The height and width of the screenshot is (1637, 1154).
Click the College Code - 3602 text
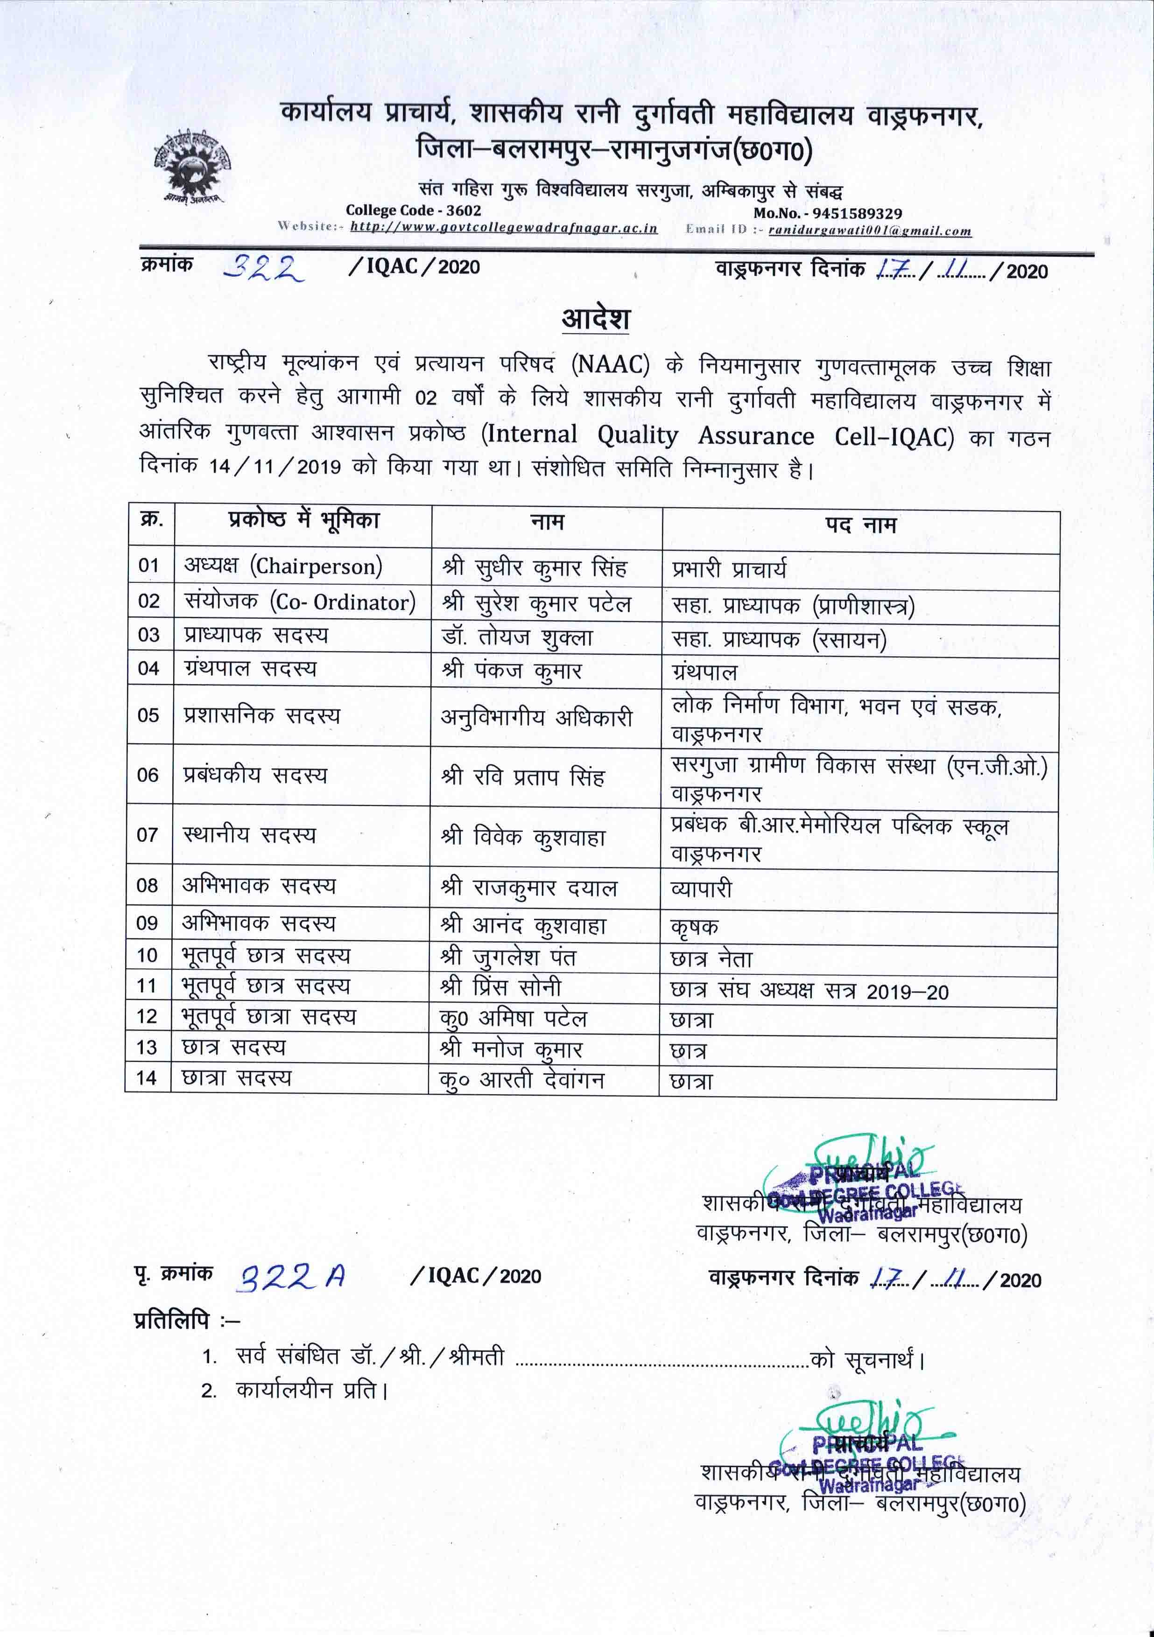(413, 210)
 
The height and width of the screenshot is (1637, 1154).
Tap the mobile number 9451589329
(827, 213)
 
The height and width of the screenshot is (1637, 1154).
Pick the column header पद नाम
(860, 525)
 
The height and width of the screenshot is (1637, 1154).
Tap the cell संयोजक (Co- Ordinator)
(300, 602)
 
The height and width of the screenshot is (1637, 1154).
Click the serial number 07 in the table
(148, 834)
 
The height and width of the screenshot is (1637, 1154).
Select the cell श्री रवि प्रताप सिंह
(523, 776)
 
